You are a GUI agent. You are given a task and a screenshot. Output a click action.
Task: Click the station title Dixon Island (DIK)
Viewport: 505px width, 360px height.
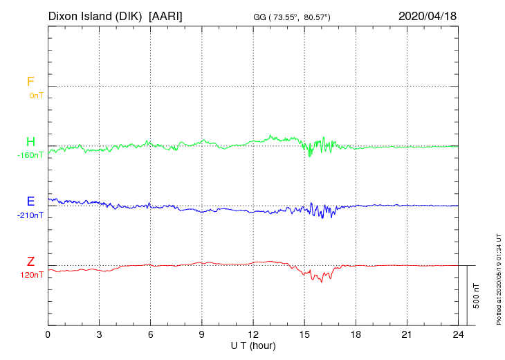click(95, 15)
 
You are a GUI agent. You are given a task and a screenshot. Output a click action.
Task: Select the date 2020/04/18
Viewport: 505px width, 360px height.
click(428, 15)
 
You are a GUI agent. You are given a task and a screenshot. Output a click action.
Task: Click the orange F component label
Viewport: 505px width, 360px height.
click(30, 82)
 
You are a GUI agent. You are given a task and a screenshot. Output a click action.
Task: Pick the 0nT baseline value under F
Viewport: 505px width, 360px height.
click(36, 96)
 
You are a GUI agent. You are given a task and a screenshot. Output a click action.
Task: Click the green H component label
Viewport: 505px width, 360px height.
click(30, 143)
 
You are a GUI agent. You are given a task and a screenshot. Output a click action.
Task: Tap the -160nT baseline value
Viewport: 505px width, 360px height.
click(30, 155)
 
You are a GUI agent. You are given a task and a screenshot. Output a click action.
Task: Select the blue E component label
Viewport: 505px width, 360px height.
click(30, 202)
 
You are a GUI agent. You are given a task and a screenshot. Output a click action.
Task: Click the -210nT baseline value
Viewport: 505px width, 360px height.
click(30, 215)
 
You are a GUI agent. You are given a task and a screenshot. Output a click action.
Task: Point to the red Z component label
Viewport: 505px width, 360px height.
click(30, 262)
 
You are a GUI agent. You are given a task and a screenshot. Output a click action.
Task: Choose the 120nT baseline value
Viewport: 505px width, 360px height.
click(33, 275)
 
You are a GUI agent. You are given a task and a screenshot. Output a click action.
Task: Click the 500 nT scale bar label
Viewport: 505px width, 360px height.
click(477, 296)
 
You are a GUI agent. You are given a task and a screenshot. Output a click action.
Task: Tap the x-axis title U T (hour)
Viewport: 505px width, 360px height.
click(253, 345)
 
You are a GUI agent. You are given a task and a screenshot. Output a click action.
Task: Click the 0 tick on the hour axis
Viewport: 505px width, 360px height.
click(48, 335)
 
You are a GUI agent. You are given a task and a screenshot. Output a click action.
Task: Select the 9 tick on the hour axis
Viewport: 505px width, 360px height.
click(202, 335)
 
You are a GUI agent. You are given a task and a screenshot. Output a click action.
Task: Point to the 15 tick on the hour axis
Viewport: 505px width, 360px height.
click(304, 335)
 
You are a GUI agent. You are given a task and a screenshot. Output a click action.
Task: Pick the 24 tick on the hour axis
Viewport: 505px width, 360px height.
click(458, 335)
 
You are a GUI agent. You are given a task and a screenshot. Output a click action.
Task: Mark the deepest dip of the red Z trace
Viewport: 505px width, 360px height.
click(321, 282)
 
